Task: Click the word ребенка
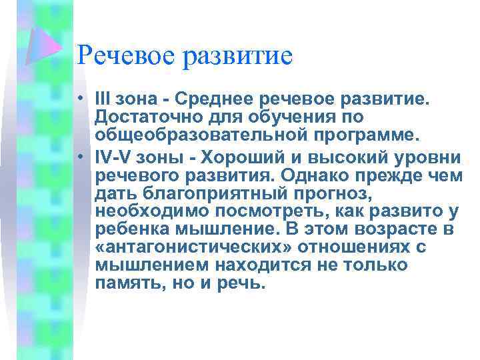(131, 230)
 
